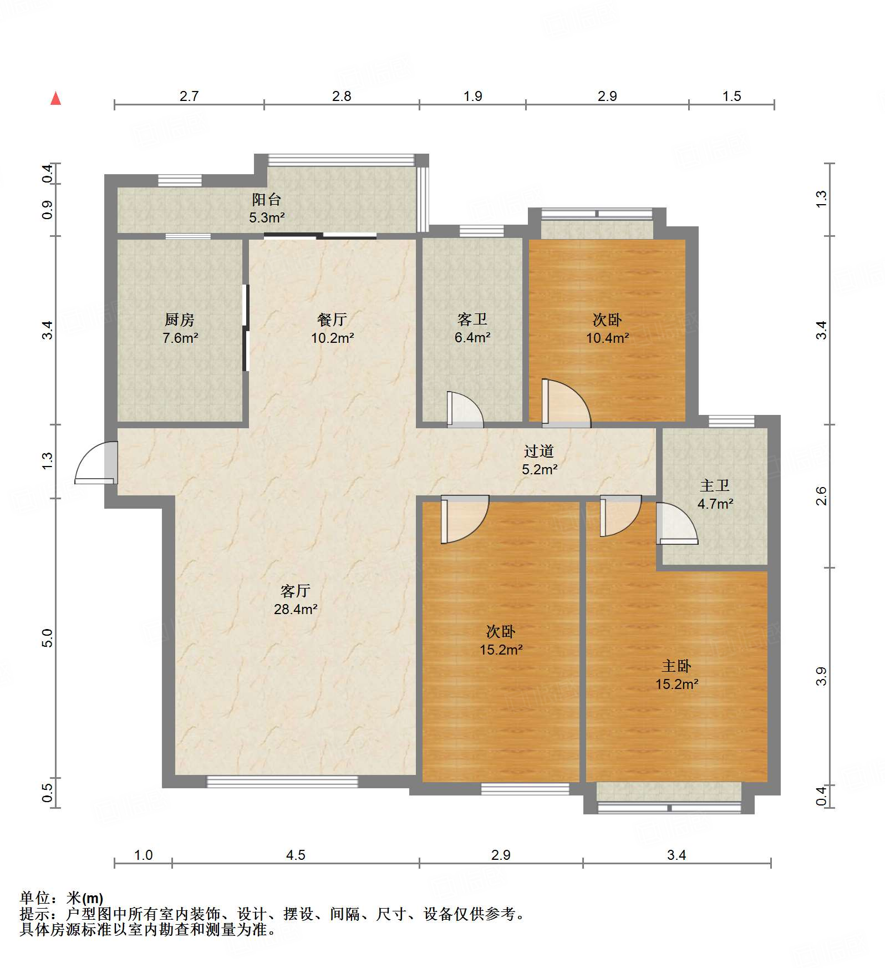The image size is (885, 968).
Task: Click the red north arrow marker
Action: pyautogui.click(x=55, y=98)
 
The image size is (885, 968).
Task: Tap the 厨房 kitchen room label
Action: pyautogui.click(x=180, y=320)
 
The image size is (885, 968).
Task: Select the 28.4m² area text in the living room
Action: pyautogui.click(x=296, y=609)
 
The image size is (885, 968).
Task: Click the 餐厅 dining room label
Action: pyautogui.click(x=332, y=320)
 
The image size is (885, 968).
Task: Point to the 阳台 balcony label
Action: pyautogui.click(x=267, y=199)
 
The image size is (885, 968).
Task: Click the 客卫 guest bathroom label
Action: pyautogui.click(x=472, y=320)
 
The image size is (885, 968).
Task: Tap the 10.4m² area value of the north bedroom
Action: pyautogui.click(x=608, y=338)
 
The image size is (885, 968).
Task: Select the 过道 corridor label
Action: pyautogui.click(x=539, y=452)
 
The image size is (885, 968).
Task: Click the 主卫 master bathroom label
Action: pyautogui.click(x=715, y=486)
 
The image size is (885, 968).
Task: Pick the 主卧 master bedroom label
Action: pyautogui.click(x=677, y=666)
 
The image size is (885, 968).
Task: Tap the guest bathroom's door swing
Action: pyautogui.click(x=465, y=410)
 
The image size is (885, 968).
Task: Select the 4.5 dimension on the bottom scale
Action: pyautogui.click(x=296, y=855)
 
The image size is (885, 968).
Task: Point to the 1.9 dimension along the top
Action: pyautogui.click(x=473, y=96)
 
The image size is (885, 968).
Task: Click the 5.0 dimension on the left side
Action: pyautogui.click(x=47, y=638)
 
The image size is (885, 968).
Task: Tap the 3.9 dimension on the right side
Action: pyautogui.click(x=821, y=676)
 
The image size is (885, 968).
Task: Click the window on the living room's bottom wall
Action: pyautogui.click(x=282, y=782)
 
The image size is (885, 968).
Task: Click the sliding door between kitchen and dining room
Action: pyautogui.click(x=246, y=327)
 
